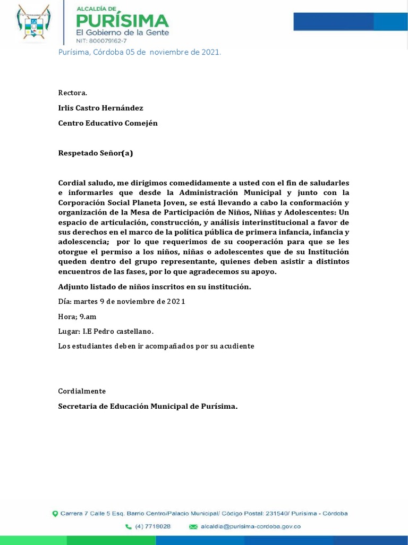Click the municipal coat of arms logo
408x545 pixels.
[x=34, y=23]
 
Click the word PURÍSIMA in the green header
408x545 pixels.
[x=123, y=21]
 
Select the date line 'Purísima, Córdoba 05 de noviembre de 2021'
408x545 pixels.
[x=139, y=52]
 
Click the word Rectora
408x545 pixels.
[x=72, y=93]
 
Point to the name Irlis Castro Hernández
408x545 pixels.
[x=100, y=108]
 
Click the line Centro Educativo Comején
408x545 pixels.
[x=107, y=123]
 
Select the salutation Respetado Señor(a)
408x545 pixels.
[x=95, y=153]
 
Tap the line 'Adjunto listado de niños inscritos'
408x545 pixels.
[x=154, y=287]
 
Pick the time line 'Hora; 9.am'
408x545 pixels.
[x=77, y=317]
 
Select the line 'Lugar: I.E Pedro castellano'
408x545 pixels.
[x=106, y=332]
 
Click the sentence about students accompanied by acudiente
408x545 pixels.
[x=156, y=346]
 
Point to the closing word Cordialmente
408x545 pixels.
[x=82, y=391]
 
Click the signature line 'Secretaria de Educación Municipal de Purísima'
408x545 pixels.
[x=148, y=407]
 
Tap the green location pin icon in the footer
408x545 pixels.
[x=55, y=514]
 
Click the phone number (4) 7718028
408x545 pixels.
[x=152, y=526]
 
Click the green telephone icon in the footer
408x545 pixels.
[x=129, y=526]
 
